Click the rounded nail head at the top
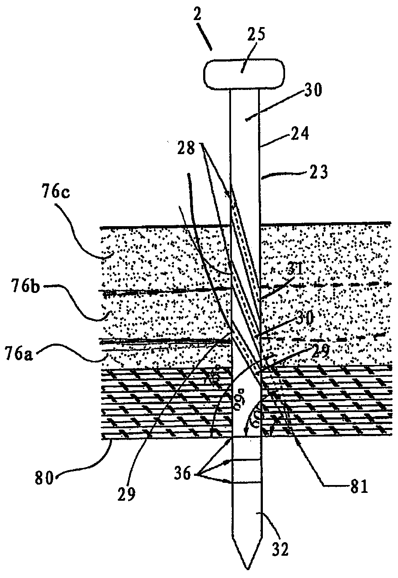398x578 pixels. [244, 72]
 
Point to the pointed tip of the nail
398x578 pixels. [247, 568]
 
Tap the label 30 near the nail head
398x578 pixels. [312, 90]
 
